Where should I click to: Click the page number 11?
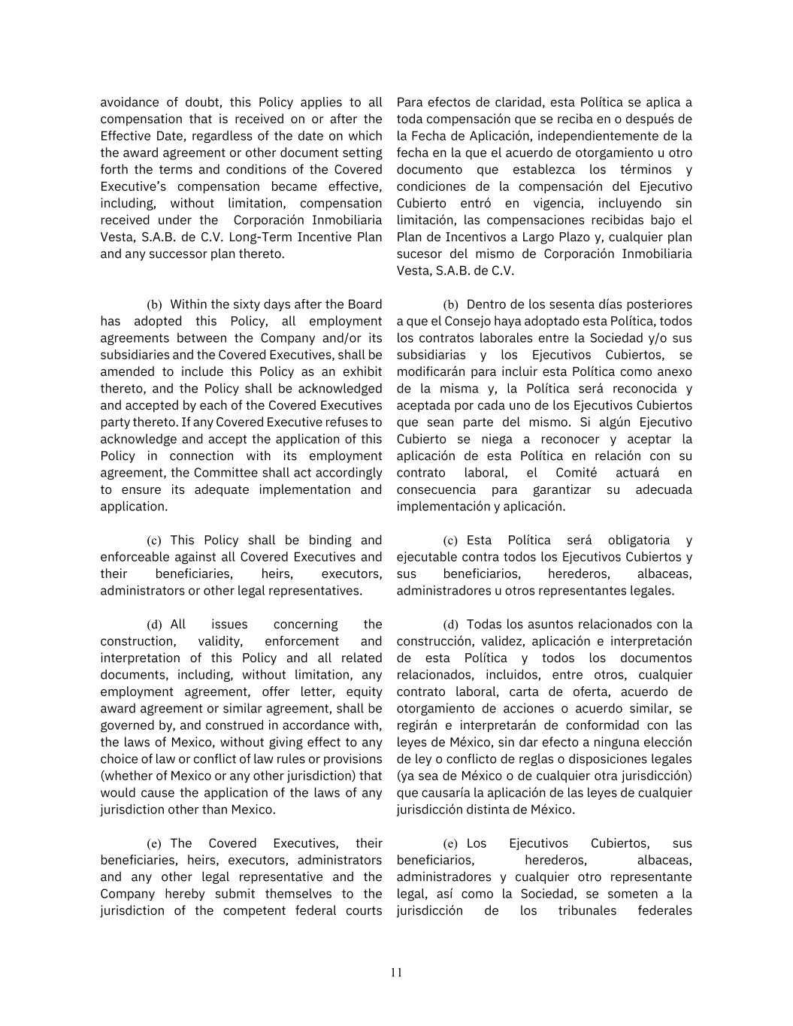click(396, 973)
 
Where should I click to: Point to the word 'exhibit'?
click(360, 371)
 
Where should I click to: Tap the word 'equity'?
click(364, 692)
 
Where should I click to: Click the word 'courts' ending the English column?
click(362, 911)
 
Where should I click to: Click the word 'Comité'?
click(576, 473)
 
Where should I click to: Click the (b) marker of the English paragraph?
click(154, 305)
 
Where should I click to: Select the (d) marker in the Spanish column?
click(450, 625)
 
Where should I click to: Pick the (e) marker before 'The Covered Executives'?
click(154, 844)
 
